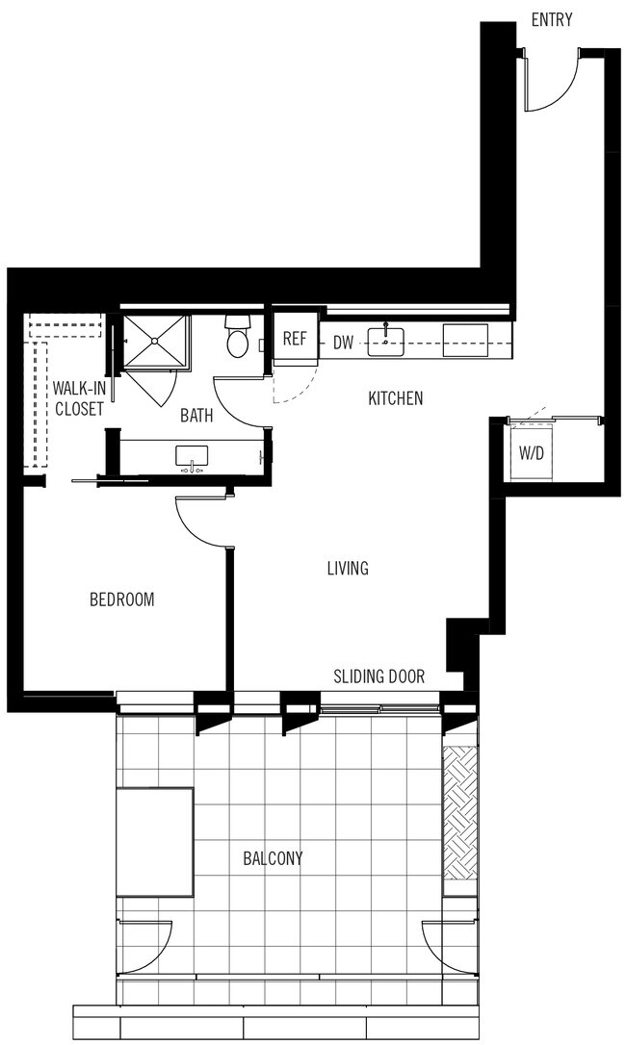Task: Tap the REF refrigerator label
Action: point(295,340)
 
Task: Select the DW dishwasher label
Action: point(343,342)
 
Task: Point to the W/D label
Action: point(532,451)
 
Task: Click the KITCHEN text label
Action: point(396,397)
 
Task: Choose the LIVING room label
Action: point(347,569)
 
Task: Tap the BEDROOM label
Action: point(121,599)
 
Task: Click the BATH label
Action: point(197,416)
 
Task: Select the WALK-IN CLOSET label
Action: point(79,398)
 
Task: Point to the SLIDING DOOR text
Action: point(378,676)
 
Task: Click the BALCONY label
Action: point(273,857)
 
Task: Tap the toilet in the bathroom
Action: point(237,338)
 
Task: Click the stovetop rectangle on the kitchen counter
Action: point(465,339)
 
